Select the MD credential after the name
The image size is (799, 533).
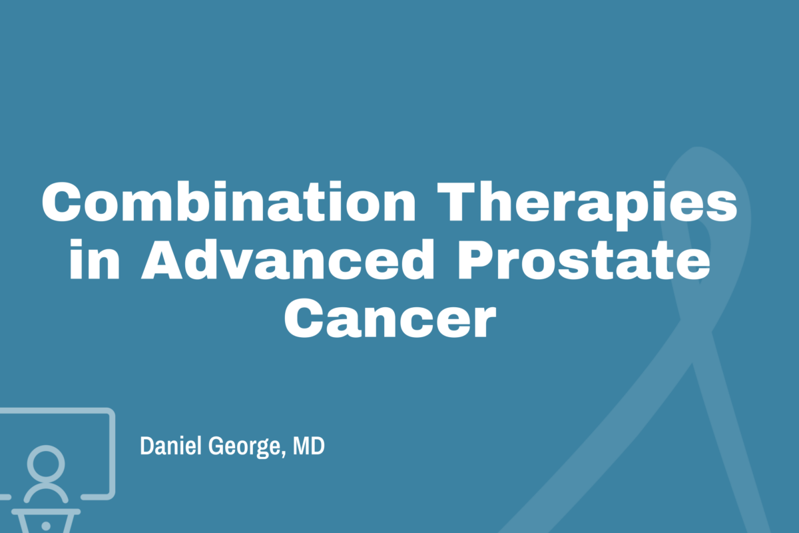coord(309,446)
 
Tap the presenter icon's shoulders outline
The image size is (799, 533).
coord(46,494)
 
